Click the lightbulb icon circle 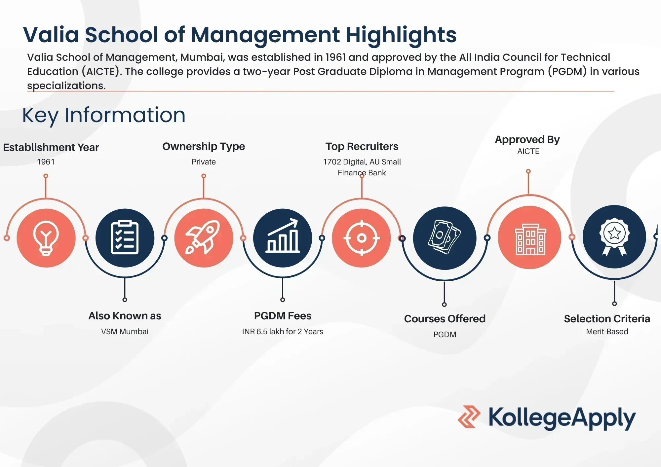[46, 238]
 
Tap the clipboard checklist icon [125, 237]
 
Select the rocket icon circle [204, 238]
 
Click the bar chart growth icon [283, 235]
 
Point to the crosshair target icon [362, 238]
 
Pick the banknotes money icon [444, 237]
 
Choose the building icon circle [529, 237]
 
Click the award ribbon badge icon [614, 236]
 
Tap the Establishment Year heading [51, 147]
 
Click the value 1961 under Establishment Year [46, 162]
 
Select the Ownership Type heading [204, 146]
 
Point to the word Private [204, 162]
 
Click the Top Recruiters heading [362, 146]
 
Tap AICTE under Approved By [528, 151]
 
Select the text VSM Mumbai [125, 332]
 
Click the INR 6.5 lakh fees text [283, 332]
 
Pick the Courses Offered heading [445, 319]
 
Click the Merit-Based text [607, 332]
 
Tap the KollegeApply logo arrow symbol [469, 417]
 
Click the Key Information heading [104, 115]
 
